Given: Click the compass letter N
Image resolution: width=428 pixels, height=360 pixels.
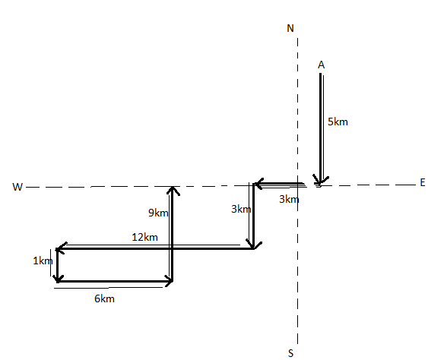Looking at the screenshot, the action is [290, 28].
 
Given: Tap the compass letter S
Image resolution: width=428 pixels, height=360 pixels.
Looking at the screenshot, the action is [290, 353].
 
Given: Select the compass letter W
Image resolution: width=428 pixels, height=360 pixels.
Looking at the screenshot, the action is [17, 187].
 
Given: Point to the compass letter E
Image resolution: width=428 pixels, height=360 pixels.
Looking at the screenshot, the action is [423, 182].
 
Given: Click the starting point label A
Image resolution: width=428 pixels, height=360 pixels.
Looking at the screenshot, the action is [322, 65].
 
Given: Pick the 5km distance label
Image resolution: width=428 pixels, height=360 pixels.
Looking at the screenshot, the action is [338, 122].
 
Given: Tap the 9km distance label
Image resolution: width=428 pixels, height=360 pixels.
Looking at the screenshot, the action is [158, 213].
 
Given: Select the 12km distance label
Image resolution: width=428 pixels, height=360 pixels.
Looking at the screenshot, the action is [144, 237].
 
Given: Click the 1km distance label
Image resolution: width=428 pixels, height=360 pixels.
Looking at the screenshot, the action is [43, 261].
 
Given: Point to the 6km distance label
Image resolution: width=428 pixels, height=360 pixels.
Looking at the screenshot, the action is [104, 298].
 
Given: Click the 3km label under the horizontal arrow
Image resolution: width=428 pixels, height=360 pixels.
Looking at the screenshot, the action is [289, 199].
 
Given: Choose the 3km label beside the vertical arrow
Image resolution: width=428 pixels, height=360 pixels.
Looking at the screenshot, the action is [241, 209].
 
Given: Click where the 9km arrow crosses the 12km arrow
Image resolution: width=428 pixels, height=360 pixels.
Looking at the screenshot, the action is [171, 248].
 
